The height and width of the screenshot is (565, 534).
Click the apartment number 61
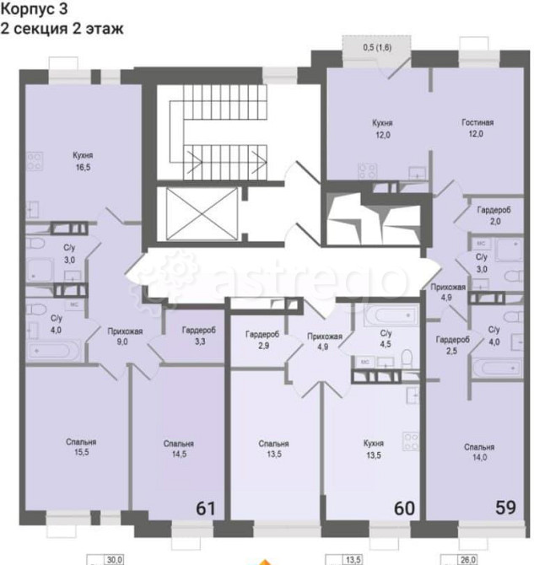click(205, 508)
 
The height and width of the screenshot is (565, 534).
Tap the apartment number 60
click(404, 508)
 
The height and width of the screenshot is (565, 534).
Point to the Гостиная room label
click(477, 122)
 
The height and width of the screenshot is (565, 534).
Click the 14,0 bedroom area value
click(478, 457)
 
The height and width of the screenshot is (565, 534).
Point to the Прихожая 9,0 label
click(124, 336)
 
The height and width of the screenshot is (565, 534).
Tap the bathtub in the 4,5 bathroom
click(390, 318)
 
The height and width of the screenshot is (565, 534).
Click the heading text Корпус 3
click(36, 9)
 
